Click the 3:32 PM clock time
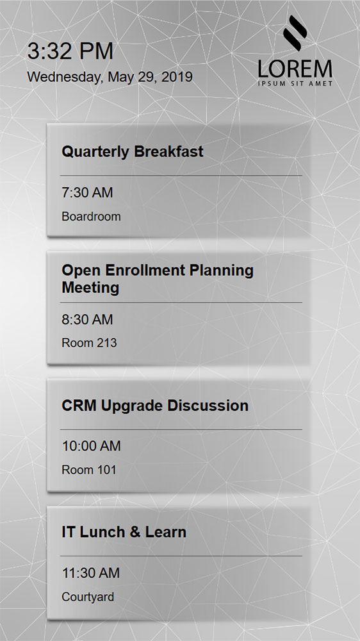click(70, 51)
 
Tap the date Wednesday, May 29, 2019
click(110, 78)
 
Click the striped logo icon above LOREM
click(295, 33)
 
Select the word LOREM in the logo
click(295, 69)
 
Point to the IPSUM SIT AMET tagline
click(295, 84)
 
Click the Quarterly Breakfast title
click(133, 152)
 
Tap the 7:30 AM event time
click(87, 192)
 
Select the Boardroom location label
click(91, 216)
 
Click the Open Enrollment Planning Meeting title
click(158, 279)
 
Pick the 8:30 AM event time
click(87, 320)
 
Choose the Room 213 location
click(89, 342)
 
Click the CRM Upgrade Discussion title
click(155, 406)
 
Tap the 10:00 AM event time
click(91, 446)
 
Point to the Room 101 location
click(89, 470)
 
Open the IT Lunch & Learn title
click(124, 532)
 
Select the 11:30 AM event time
click(91, 573)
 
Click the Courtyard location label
click(88, 597)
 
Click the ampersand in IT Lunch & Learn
click(137, 532)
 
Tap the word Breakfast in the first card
click(168, 152)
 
